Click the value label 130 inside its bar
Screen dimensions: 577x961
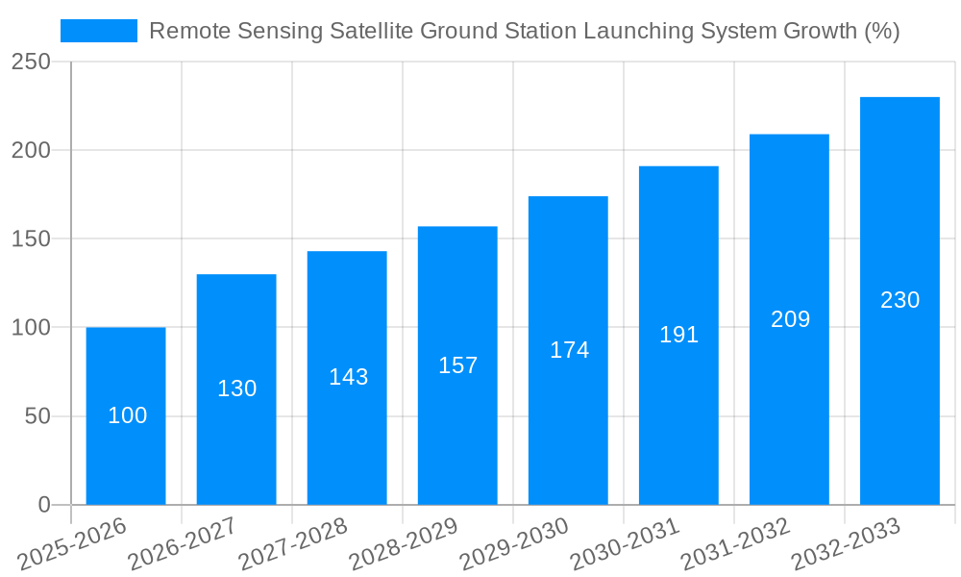(x=236, y=389)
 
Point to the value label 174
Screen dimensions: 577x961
(x=569, y=350)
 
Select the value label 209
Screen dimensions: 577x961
(x=790, y=319)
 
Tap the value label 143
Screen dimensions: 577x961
(x=348, y=377)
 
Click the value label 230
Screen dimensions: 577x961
(x=899, y=300)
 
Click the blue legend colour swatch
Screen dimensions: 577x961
(x=99, y=31)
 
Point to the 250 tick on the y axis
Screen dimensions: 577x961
(x=31, y=62)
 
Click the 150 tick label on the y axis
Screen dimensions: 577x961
(x=31, y=238)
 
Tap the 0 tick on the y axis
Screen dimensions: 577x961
(x=44, y=505)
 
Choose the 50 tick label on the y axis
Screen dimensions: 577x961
(x=37, y=416)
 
